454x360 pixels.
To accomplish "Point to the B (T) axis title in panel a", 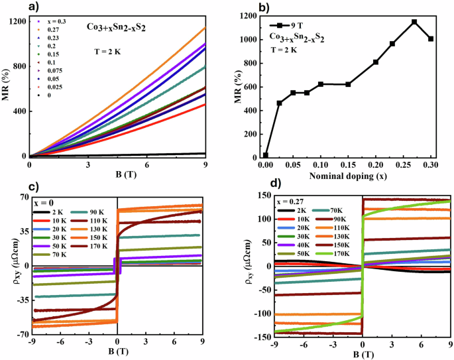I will (117, 174).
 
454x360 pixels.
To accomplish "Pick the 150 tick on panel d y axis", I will (263, 195).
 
